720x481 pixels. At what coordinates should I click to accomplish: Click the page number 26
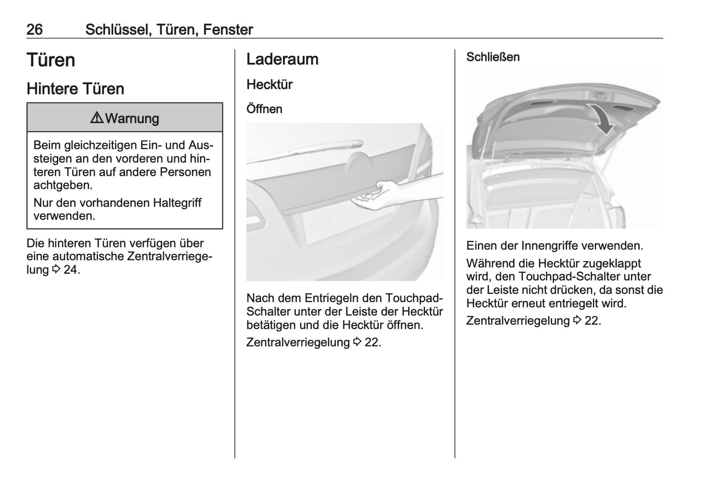click(x=34, y=29)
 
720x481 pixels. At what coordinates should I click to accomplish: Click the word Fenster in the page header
click(x=228, y=29)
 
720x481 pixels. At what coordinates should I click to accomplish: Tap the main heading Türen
click(x=51, y=60)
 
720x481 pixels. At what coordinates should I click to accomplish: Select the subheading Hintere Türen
click(x=75, y=89)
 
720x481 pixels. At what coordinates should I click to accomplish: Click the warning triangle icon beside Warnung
click(x=97, y=118)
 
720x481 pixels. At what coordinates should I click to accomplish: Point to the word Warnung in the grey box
click(x=132, y=119)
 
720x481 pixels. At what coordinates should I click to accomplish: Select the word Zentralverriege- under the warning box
click(x=170, y=256)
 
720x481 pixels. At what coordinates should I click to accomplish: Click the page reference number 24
click(x=70, y=269)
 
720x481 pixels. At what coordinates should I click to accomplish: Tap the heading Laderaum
click(x=282, y=59)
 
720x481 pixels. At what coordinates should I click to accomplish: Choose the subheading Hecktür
click(x=270, y=85)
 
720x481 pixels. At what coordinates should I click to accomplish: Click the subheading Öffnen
click(x=264, y=109)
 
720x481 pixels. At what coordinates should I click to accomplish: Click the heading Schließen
click(x=493, y=57)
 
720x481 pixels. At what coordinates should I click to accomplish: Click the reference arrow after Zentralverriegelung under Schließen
click(x=577, y=320)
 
